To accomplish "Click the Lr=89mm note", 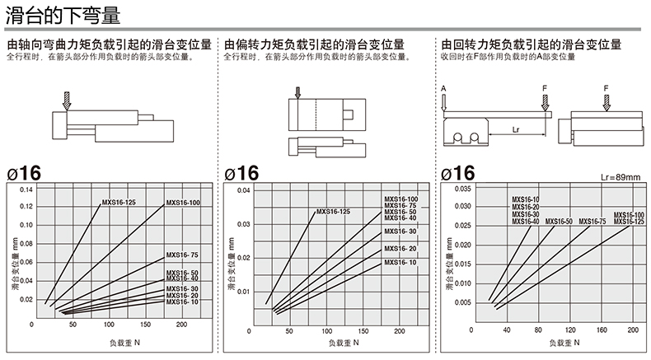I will (x=621, y=177).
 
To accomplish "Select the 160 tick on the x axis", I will (x=602, y=330).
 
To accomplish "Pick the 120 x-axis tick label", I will (x=569, y=330).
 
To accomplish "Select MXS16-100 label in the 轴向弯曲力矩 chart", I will (x=183, y=203).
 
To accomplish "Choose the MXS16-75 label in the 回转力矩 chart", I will (x=592, y=221).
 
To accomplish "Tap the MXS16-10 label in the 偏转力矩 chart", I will (x=400, y=262).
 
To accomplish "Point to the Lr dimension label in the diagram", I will (x=515, y=129).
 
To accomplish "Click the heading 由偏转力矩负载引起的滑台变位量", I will (x=325, y=44).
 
